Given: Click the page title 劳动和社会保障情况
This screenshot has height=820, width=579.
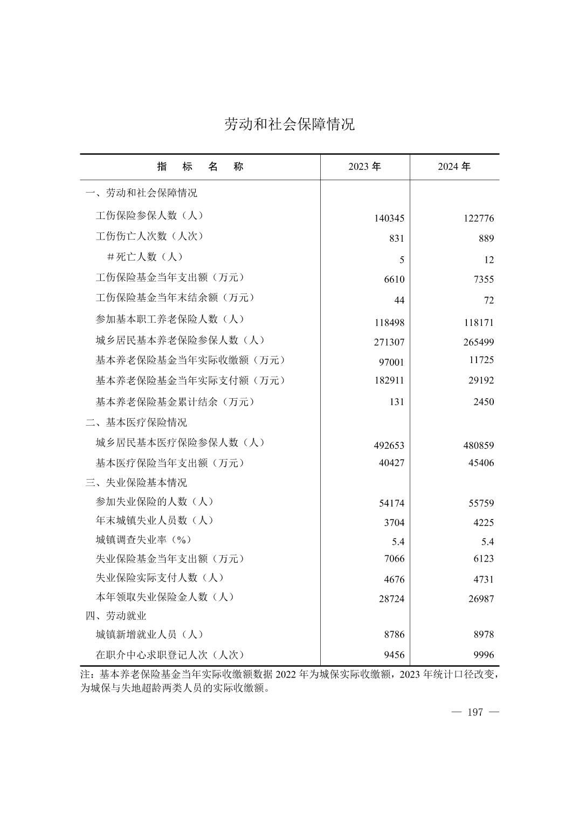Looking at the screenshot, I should click(289, 125).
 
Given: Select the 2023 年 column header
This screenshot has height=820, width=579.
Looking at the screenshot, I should click(364, 167).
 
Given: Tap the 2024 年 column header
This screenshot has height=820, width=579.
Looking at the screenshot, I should click(454, 167).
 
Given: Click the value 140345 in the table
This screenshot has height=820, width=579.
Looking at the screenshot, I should click(389, 218).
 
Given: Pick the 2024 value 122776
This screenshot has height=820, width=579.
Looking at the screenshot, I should click(478, 218).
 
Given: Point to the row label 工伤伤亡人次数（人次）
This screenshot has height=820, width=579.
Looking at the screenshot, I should click(149, 236).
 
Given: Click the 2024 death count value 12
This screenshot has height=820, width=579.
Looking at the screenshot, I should click(488, 259).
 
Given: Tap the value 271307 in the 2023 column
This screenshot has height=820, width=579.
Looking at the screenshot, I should click(389, 342).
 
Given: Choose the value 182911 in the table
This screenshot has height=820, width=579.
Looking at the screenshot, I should click(389, 380).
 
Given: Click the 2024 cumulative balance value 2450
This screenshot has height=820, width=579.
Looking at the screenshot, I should click(483, 402).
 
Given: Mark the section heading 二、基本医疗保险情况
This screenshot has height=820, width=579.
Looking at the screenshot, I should click(136, 422).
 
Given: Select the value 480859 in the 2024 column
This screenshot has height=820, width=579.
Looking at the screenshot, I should click(478, 446).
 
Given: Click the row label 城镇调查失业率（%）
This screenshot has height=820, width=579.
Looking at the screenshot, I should click(143, 539).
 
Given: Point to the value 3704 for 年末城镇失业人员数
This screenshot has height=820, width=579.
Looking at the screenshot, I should click(394, 522).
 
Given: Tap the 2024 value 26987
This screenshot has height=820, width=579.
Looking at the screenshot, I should click(481, 599).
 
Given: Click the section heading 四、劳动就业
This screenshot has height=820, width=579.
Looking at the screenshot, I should click(116, 616).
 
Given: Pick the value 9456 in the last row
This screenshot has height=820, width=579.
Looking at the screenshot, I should click(394, 655).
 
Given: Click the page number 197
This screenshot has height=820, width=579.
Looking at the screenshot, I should click(475, 713).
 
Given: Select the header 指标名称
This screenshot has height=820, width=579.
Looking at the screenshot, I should click(200, 167).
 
